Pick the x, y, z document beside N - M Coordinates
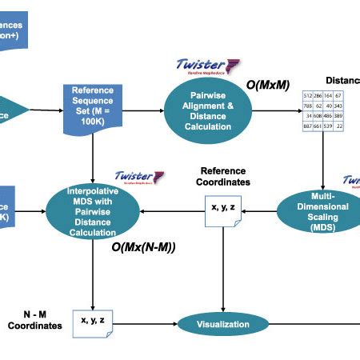coord(93,322)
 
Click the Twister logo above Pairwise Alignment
coord(204,67)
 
